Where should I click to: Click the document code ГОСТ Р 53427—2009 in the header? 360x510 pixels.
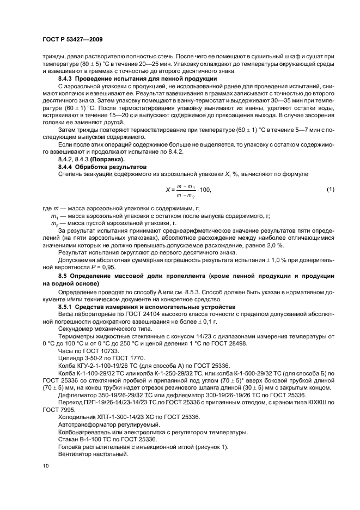tap(72, 40)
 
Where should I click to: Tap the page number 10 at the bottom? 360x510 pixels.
tap(45, 466)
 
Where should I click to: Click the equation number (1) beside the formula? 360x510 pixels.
tap(330, 189)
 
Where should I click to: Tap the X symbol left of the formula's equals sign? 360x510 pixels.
tap(167, 190)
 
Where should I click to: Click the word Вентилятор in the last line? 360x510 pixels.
tap(76, 453)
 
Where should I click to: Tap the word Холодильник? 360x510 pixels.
tap(78, 416)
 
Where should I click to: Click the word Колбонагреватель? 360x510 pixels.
tap(87, 431)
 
